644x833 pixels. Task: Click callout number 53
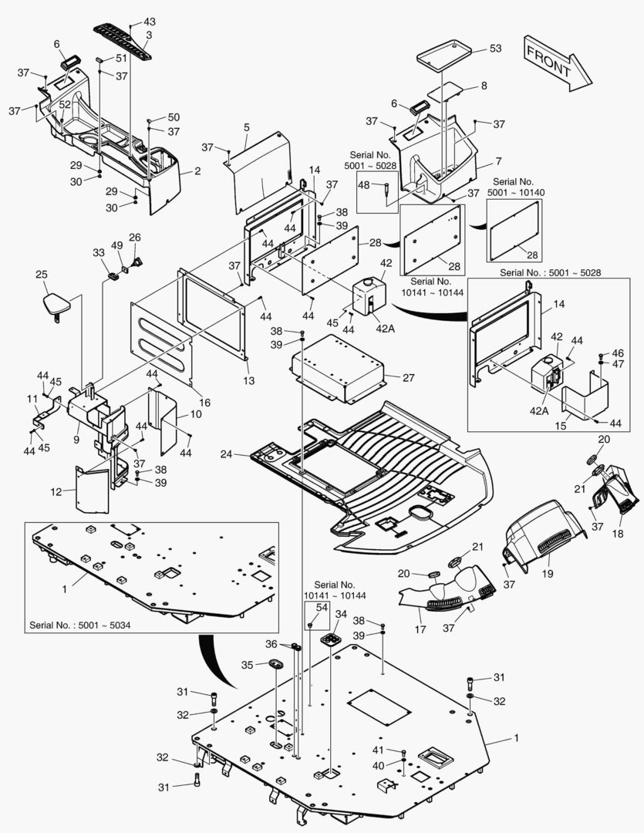[495, 49]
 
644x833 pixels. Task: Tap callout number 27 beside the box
[408, 377]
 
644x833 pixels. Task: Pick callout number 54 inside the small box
[322, 608]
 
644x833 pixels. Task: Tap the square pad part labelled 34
[333, 640]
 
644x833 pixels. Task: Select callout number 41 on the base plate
[378, 750]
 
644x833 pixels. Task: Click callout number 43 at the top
[150, 21]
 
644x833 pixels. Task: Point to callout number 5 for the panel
[246, 126]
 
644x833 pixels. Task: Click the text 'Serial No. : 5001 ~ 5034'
[80, 624]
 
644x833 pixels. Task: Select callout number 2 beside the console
[197, 171]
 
